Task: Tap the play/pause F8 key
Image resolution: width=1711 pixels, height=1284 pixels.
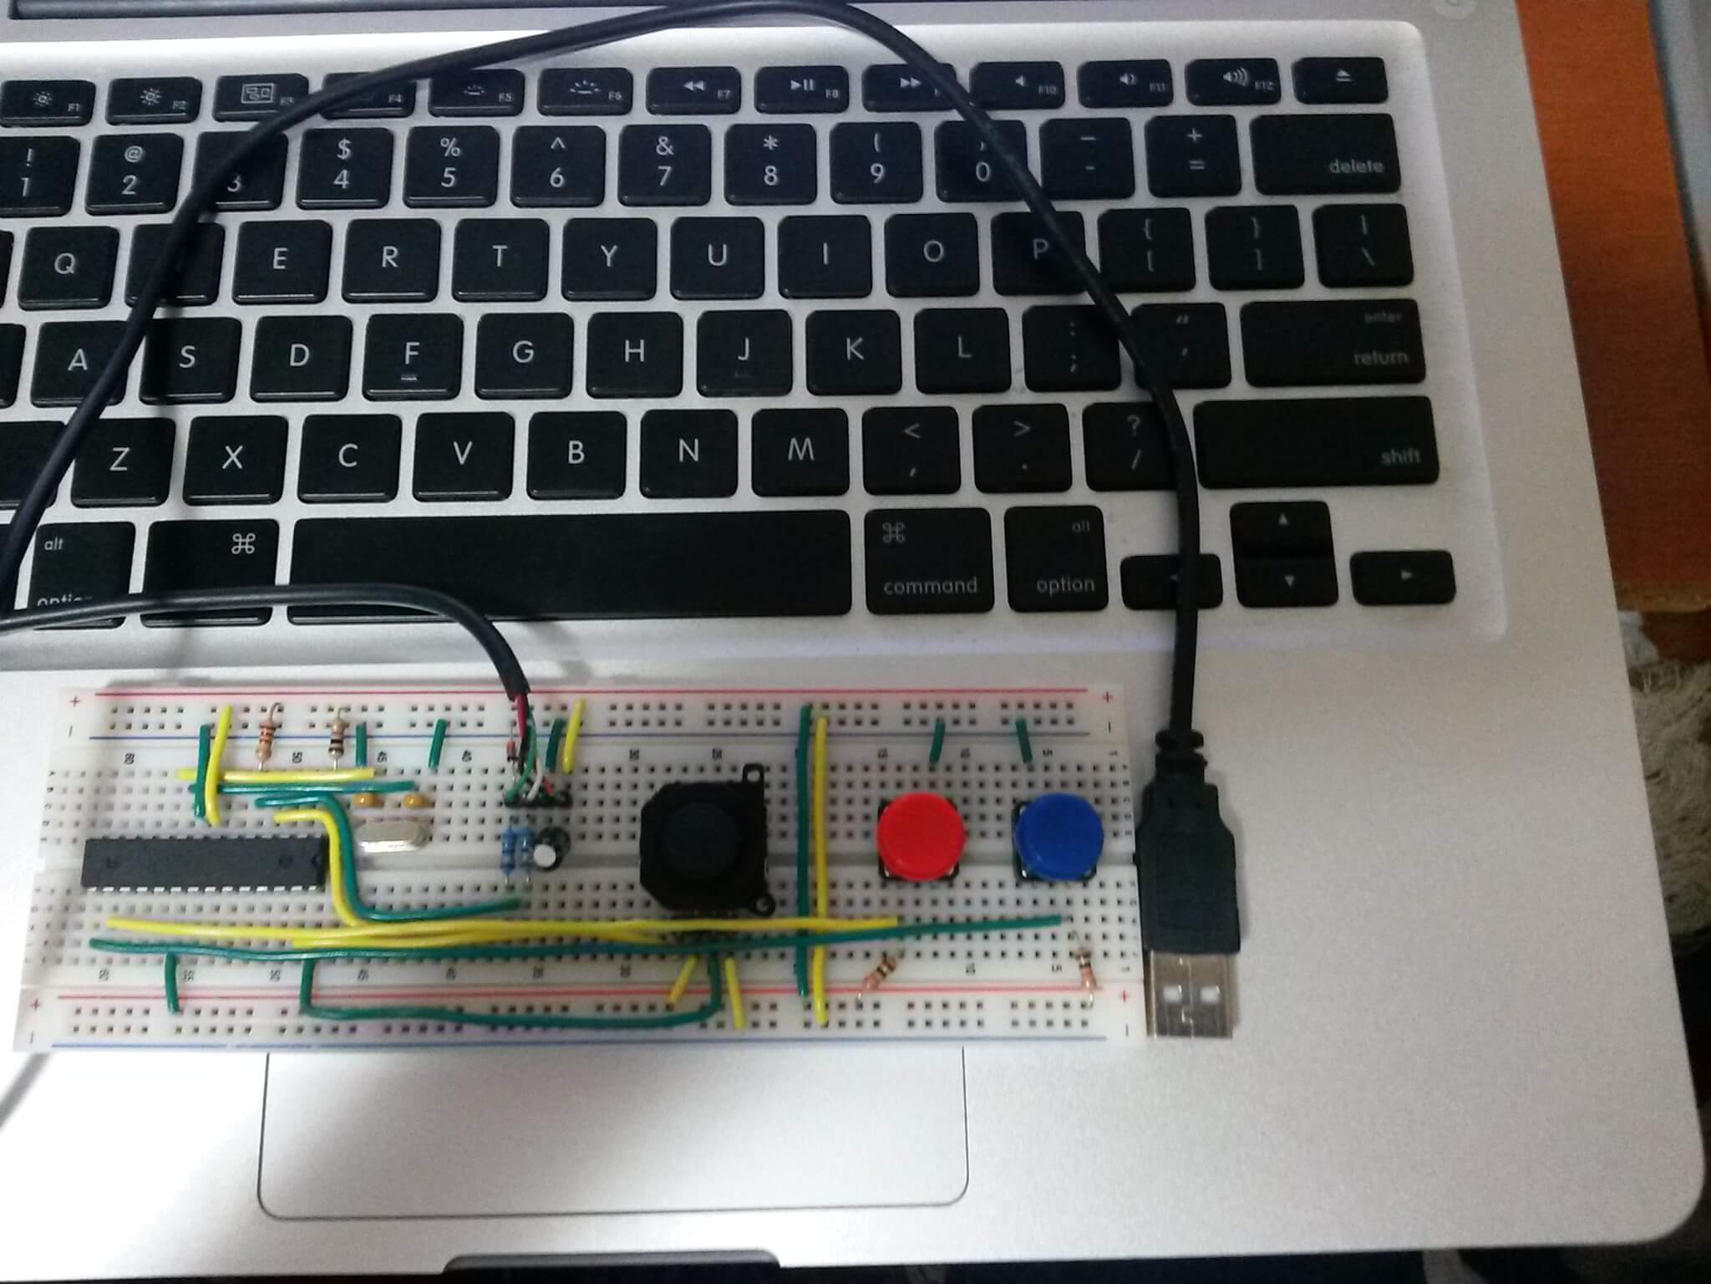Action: (805, 87)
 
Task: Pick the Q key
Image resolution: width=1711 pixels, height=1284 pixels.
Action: (65, 262)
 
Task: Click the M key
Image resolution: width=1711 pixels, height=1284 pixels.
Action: (800, 451)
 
